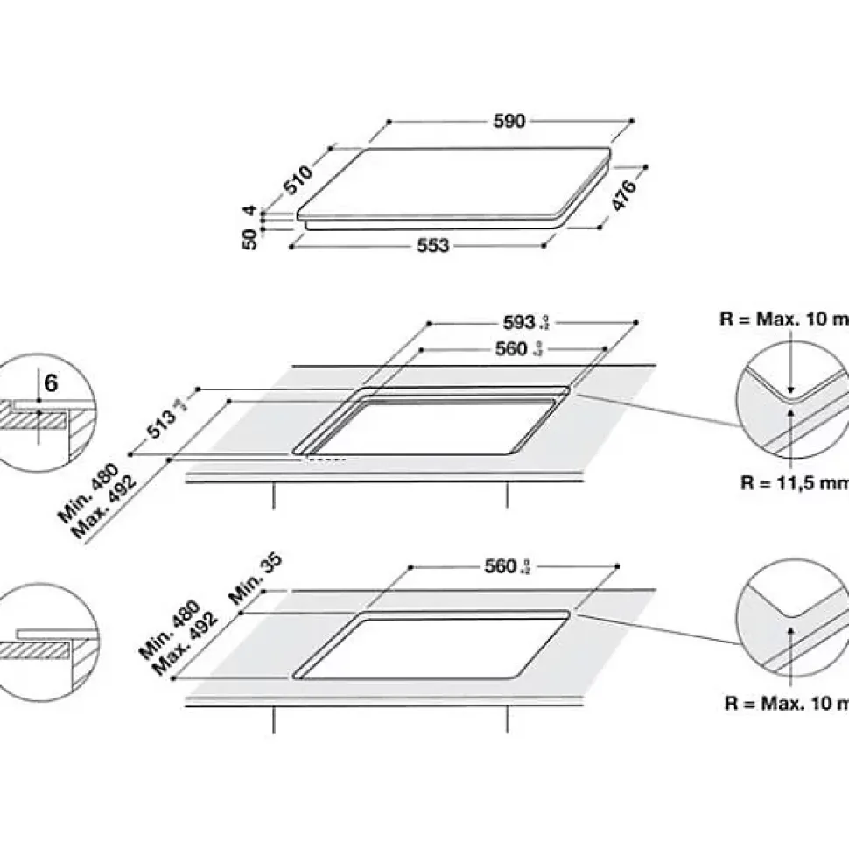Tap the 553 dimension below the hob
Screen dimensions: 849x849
432,246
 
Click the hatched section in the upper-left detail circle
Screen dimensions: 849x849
35,421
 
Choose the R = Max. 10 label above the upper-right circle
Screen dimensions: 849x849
784,319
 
